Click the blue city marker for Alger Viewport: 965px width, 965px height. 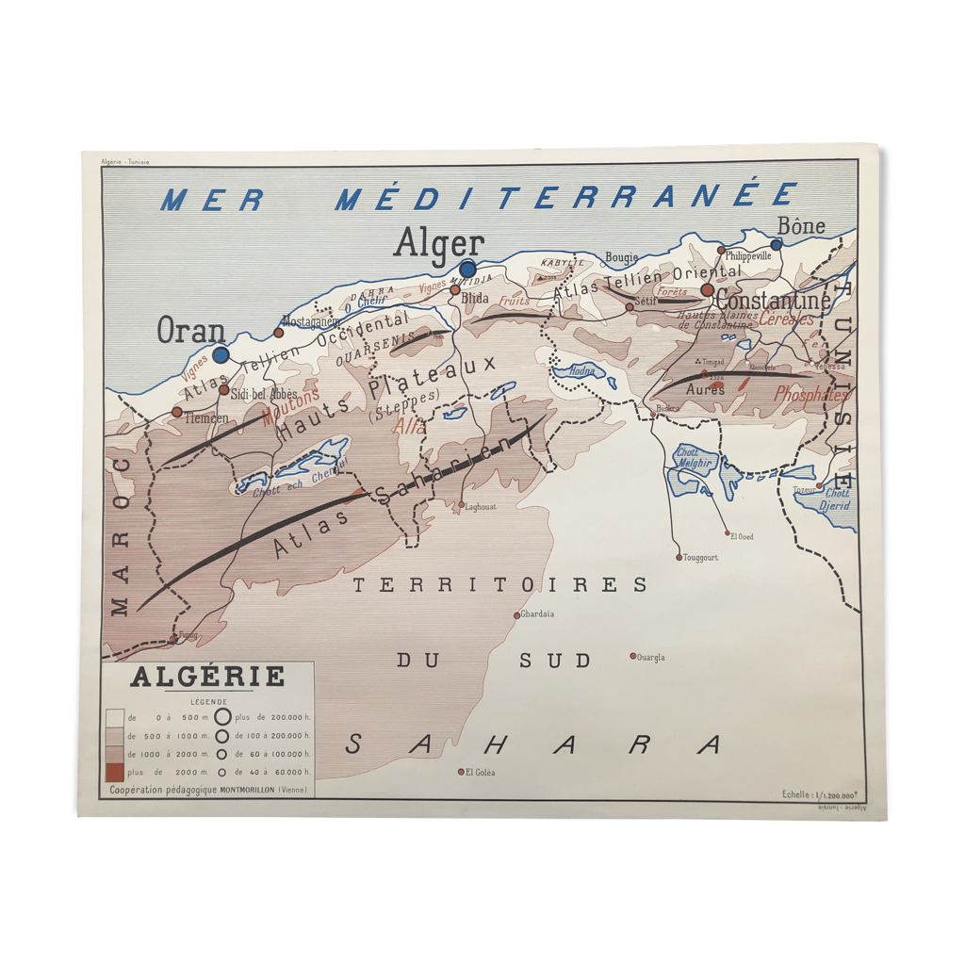click(467, 270)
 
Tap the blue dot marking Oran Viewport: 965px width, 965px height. click(221, 355)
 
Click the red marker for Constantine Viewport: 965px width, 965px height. click(708, 290)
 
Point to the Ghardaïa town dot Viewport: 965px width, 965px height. click(516, 615)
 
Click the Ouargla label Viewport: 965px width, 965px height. click(651, 657)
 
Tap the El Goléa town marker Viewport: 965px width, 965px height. click(461, 772)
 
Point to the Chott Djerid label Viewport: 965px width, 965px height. click(836, 499)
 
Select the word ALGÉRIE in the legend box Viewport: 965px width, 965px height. click(207, 677)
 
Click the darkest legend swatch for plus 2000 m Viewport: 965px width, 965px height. click(115, 772)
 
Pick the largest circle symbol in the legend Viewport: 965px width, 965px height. click(222, 718)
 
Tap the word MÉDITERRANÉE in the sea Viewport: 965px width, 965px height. click(565, 198)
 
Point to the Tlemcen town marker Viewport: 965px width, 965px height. click(176, 412)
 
